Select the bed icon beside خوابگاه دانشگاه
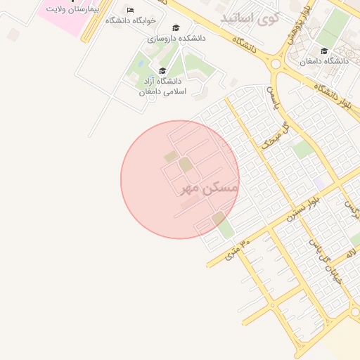point(130,10)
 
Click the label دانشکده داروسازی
point(176,39)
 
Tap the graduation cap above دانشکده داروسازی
point(176,28)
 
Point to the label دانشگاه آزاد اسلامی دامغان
point(162,86)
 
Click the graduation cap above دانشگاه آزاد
point(162,70)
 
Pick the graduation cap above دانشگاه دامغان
point(324,51)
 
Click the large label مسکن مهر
point(210,187)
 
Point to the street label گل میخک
point(275,136)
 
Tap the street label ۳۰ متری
point(238,249)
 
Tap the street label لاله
point(351,251)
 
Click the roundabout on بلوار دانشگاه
point(276,64)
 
